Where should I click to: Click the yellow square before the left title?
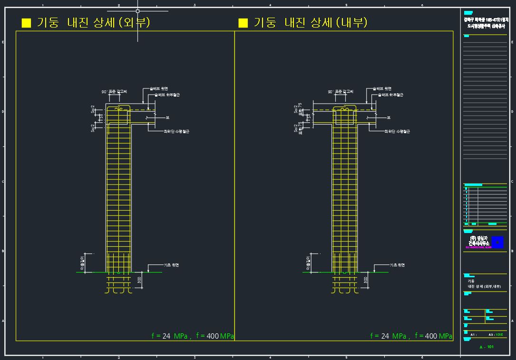(x=27, y=23)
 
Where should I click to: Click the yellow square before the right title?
(x=243, y=23)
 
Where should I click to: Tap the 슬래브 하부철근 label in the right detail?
(x=390, y=95)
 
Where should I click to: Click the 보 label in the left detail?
(x=167, y=117)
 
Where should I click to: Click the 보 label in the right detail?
(x=389, y=117)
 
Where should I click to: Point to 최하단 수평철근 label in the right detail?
(x=397, y=131)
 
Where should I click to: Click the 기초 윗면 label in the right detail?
(x=397, y=265)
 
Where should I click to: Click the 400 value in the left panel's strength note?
(x=213, y=336)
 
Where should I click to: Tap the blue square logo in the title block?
(x=498, y=242)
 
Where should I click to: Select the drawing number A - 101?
(x=487, y=347)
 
